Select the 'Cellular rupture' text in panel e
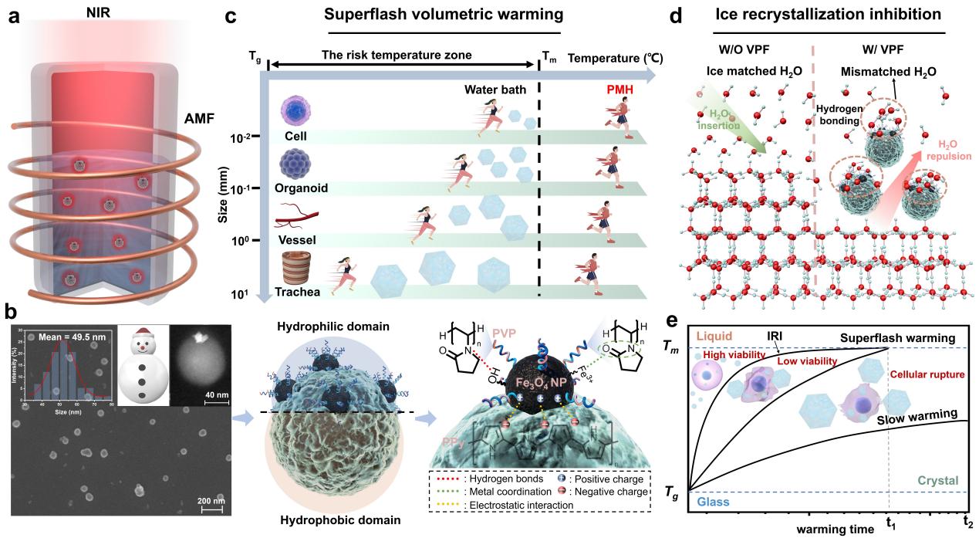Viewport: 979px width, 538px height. click(928, 374)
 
